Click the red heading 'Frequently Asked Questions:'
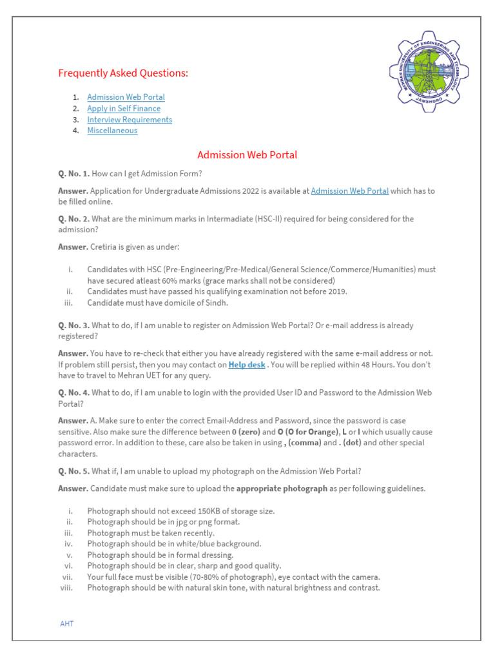pyautogui.click(x=123, y=73)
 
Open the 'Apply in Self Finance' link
pyautogui.click(x=124, y=109)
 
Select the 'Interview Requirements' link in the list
pyautogui.click(x=130, y=120)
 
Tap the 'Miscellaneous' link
pyautogui.click(x=112, y=131)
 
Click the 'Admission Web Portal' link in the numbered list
pyautogui.click(x=126, y=97)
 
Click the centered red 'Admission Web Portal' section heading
pyautogui.click(x=247, y=155)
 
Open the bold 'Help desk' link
pyautogui.click(x=247, y=365)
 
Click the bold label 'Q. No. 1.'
pyautogui.click(x=73, y=174)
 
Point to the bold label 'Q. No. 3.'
pyautogui.click(x=73, y=326)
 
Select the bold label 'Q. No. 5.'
pyautogui.click(x=73, y=471)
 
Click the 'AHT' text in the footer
pyautogui.click(x=67, y=624)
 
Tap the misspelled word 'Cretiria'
pyautogui.click(x=106, y=247)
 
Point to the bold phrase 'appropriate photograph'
pyautogui.click(x=282, y=489)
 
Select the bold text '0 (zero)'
pyautogui.click(x=246, y=432)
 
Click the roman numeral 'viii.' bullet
pyautogui.click(x=67, y=588)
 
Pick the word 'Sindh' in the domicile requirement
pyautogui.click(x=216, y=303)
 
